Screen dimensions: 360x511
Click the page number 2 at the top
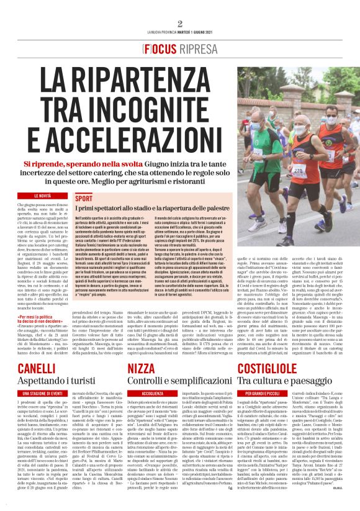[180, 24]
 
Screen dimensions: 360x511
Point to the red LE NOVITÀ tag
[37, 196]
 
